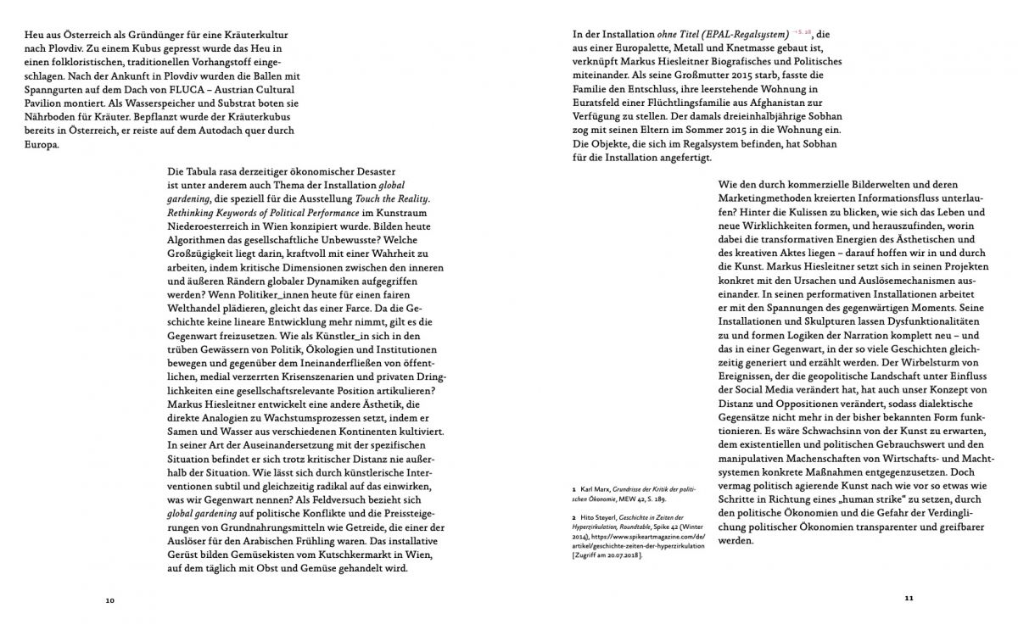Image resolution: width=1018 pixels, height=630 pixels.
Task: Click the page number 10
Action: tap(110, 600)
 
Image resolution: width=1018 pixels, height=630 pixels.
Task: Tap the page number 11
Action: tap(908, 597)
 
